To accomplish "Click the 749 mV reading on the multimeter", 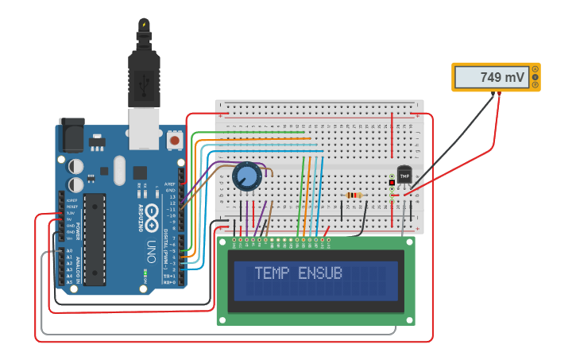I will tap(501, 78).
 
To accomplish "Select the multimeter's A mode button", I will tap(535, 69).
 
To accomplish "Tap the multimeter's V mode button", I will tap(535, 77).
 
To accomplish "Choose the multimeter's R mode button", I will tap(535, 85).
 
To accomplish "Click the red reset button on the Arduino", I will tap(175, 141).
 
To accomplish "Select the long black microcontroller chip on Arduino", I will tap(95, 238).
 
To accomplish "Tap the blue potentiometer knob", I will tap(247, 176).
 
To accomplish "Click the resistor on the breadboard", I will tap(354, 195).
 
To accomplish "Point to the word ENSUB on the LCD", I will tap(320, 273).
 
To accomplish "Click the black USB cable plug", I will tap(144, 72).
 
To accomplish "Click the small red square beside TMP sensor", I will tap(392, 184).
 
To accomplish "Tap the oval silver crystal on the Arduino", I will tap(119, 169).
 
